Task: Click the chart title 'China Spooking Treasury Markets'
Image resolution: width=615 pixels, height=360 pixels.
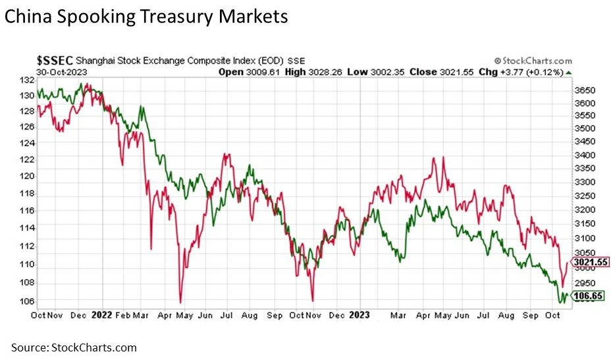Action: (x=146, y=16)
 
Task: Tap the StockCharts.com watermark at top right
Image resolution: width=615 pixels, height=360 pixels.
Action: (x=533, y=61)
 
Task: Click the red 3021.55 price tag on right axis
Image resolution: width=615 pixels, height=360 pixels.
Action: (x=590, y=263)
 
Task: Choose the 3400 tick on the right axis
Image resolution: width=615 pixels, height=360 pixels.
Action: (x=584, y=155)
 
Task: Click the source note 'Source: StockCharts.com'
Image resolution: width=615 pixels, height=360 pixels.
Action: (x=73, y=347)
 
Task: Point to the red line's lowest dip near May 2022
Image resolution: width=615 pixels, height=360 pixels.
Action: (x=180, y=302)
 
